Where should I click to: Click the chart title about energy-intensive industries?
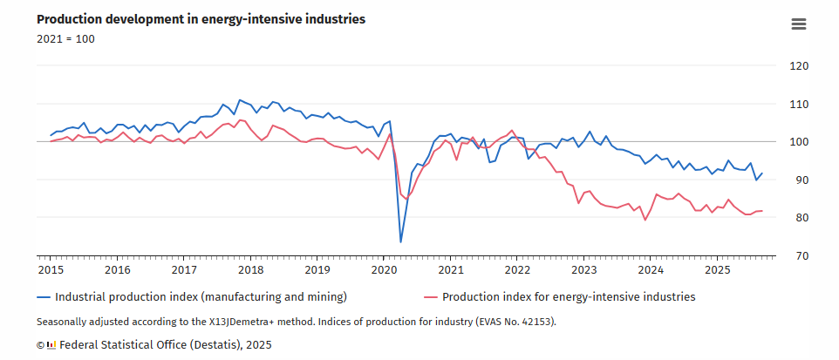(x=201, y=18)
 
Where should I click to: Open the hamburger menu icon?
(x=799, y=24)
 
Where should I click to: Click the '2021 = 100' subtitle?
(x=65, y=38)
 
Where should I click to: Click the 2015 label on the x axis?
(x=51, y=271)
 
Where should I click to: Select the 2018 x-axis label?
(x=250, y=271)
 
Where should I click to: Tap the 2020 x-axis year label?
(x=384, y=271)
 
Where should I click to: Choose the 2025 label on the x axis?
(x=717, y=271)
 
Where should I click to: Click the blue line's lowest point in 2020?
(x=401, y=242)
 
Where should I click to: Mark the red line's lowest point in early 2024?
(x=645, y=220)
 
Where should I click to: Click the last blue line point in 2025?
(x=761, y=173)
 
